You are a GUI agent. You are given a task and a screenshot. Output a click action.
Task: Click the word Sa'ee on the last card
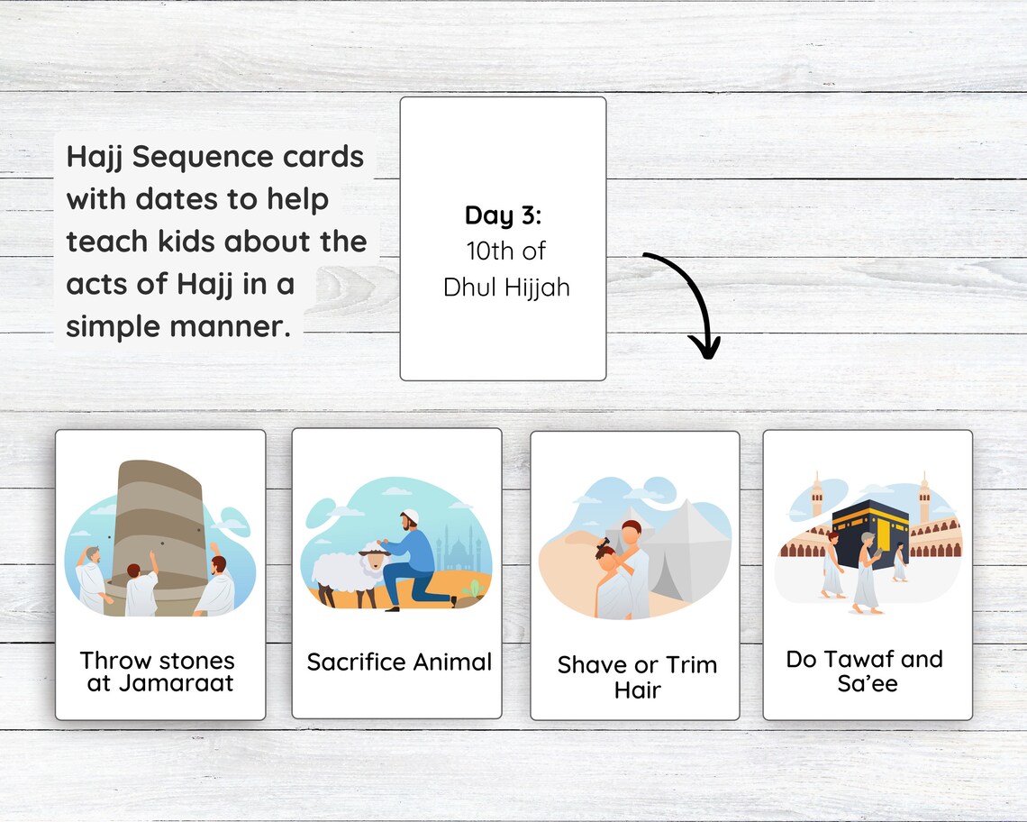pyautogui.click(x=867, y=683)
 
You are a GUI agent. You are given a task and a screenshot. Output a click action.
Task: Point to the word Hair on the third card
pyautogui.click(x=637, y=690)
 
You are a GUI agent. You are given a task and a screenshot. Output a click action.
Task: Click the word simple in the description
pyautogui.click(x=114, y=327)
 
